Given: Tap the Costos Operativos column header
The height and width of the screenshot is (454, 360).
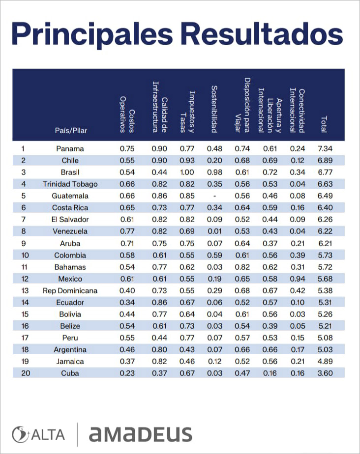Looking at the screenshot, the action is click(127, 114).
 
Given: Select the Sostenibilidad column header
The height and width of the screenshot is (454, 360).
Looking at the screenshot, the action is click(214, 109).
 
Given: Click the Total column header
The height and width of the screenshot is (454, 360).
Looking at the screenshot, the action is click(324, 124).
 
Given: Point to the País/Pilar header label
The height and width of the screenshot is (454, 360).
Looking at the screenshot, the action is click(71, 130).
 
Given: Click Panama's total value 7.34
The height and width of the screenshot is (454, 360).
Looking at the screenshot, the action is click(325, 148).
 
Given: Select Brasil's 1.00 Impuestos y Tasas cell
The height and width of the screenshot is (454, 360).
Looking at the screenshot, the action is click(187, 172).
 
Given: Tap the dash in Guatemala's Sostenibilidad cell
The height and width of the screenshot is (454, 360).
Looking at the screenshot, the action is click(214, 196).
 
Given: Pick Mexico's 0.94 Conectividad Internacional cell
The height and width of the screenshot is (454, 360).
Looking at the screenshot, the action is click(298, 279).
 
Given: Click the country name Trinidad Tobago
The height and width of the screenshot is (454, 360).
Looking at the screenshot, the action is click(70, 184).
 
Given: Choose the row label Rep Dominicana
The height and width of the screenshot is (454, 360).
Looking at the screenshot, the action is click(70, 291).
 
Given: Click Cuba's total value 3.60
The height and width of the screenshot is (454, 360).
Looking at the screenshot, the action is click(325, 373).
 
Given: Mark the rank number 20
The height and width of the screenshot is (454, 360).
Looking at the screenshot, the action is click(26, 373).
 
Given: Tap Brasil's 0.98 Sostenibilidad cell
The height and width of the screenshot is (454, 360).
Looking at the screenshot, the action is click(214, 172).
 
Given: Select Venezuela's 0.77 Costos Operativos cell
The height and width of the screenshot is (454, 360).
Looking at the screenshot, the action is click(127, 231).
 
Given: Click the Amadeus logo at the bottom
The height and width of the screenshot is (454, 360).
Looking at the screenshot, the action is click(140, 434).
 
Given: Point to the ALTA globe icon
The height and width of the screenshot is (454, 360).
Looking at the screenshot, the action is click(19, 435).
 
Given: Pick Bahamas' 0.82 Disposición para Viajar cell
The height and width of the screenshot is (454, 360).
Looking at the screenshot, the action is click(242, 267).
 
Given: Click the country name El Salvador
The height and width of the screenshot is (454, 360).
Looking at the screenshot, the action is click(70, 220).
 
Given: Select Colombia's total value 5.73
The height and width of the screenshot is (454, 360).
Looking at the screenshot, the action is click(325, 255).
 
